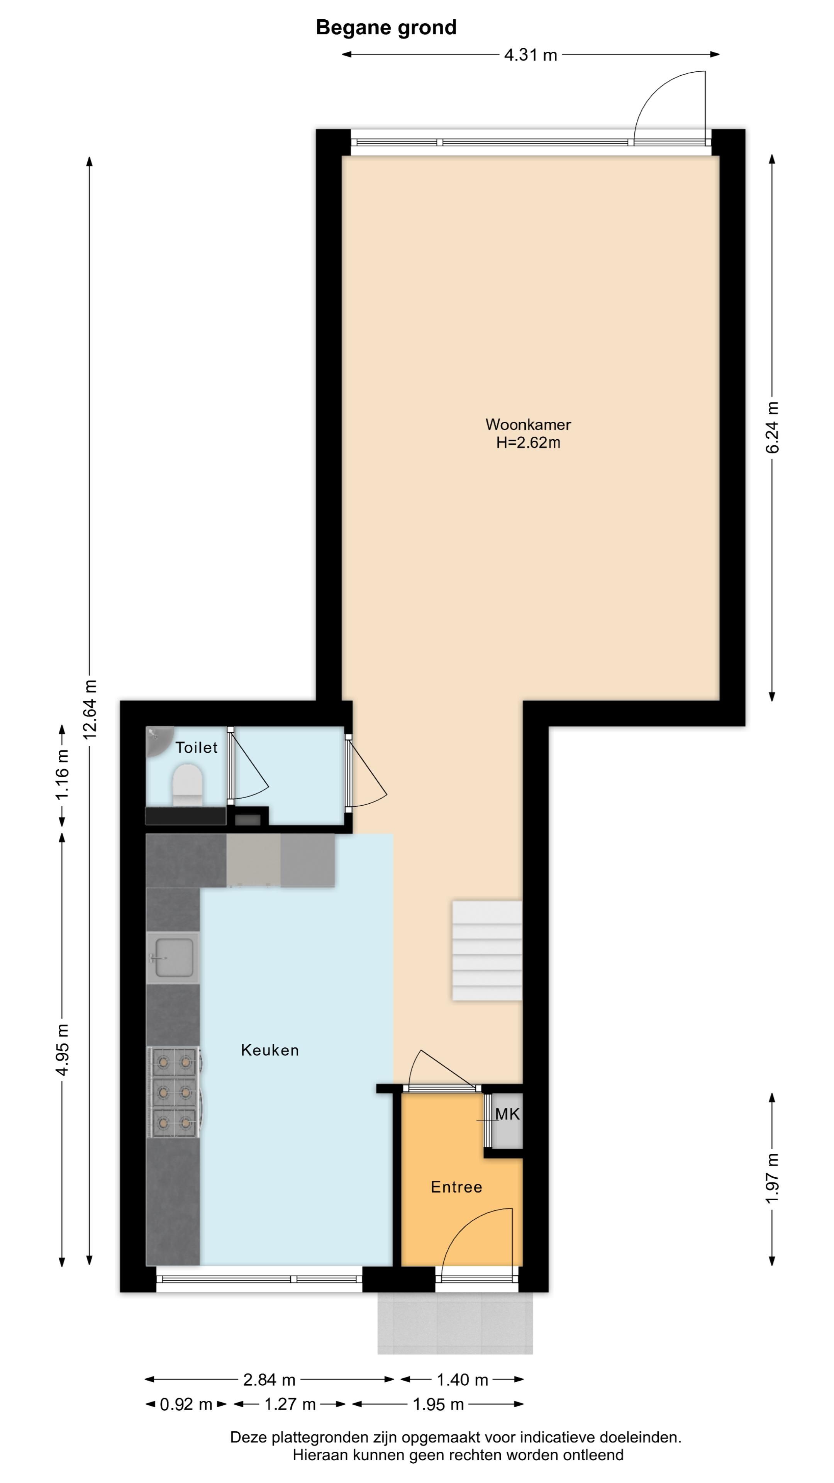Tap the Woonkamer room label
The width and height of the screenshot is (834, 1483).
click(x=528, y=424)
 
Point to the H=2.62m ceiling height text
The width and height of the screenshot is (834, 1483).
click(x=528, y=443)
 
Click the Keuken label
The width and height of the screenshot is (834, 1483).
click(x=270, y=1050)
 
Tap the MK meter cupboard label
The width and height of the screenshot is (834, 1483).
click(x=507, y=1115)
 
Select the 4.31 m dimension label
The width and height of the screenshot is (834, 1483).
click(x=531, y=55)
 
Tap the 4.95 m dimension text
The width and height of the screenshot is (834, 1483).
click(x=63, y=1050)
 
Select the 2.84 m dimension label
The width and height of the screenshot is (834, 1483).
click(x=270, y=1380)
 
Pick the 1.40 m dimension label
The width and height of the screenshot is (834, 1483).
click(x=462, y=1380)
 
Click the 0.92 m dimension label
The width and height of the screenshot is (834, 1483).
click(x=186, y=1405)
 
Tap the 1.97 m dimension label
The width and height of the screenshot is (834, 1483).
click(x=772, y=1178)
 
